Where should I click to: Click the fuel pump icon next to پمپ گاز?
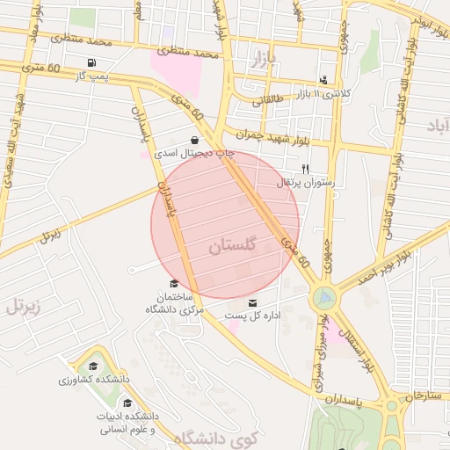click(91, 62)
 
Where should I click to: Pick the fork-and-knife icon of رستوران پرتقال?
click(305, 169)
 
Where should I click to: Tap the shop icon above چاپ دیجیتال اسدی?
click(193, 140)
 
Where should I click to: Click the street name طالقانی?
click(269, 101)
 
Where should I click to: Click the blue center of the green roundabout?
click(323, 299)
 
